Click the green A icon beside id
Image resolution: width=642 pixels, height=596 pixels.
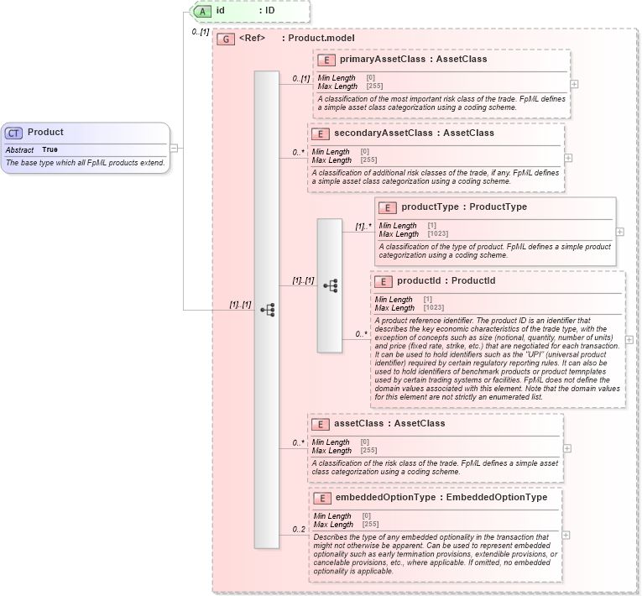pyautogui.click(x=201, y=11)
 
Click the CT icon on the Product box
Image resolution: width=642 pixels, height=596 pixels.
pyautogui.click(x=14, y=133)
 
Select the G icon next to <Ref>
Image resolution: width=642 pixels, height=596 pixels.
pyautogui.click(x=225, y=39)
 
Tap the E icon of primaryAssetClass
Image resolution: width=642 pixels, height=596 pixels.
pyautogui.click(x=326, y=60)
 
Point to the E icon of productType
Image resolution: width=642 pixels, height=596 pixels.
pyautogui.click(x=388, y=207)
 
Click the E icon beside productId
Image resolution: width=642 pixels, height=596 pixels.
pyautogui.click(x=384, y=281)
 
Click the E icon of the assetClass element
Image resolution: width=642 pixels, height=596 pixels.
pyautogui.click(x=321, y=424)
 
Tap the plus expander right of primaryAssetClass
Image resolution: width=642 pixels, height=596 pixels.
pyautogui.click(x=574, y=84)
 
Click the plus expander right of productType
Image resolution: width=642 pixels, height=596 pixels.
pyautogui.click(x=620, y=231)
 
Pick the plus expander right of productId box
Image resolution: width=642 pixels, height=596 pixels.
pyautogui.click(x=629, y=340)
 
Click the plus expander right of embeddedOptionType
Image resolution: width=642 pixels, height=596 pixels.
pyautogui.click(x=567, y=535)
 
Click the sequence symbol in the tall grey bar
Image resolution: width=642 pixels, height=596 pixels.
pyautogui.click(x=267, y=310)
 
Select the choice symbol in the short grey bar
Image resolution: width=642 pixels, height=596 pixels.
pyautogui.click(x=330, y=285)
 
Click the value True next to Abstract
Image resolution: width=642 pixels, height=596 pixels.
pyautogui.click(x=50, y=149)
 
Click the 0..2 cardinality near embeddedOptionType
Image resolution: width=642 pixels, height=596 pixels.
pyautogui.click(x=299, y=530)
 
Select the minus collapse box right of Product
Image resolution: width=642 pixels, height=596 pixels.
pyautogui.click(x=174, y=148)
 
